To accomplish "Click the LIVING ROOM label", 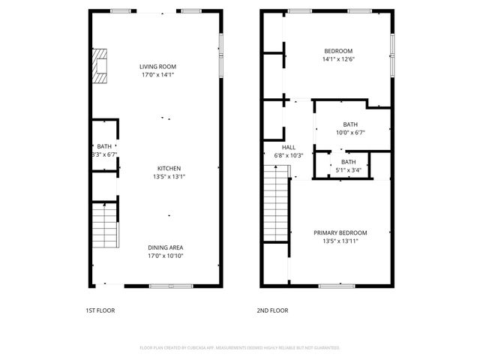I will click(157, 67).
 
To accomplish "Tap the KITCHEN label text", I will click(169, 169).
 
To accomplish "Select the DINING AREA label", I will click(166, 247).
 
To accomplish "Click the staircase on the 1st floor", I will click(104, 226).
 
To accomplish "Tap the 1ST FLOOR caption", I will click(101, 310).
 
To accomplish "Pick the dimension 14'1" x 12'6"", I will click(338, 59).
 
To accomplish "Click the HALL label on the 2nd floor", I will click(289, 148).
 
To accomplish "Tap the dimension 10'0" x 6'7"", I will click(350, 133).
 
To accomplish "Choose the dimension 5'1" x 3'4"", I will click(349, 169).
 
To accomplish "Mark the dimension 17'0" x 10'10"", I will click(166, 256).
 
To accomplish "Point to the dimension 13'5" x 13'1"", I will click(169, 177).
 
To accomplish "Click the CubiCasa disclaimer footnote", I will click(240, 348).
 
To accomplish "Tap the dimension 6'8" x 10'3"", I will click(289, 155).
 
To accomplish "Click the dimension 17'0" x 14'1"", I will click(157, 75).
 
